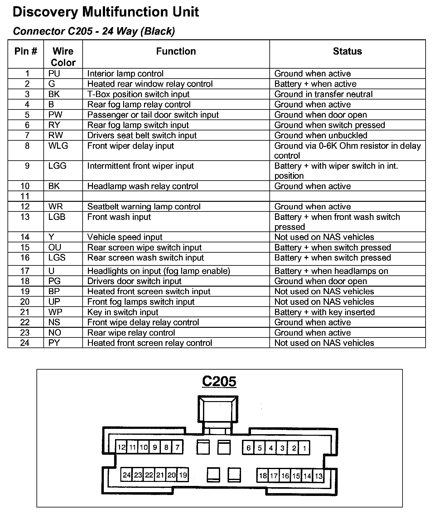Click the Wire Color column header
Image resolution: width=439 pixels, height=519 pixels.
click(63, 57)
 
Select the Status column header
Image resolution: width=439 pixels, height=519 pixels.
click(347, 51)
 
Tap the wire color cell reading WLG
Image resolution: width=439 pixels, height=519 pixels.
click(58, 146)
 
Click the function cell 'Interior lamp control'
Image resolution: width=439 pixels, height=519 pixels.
click(125, 74)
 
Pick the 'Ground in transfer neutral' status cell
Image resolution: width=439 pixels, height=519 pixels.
click(323, 94)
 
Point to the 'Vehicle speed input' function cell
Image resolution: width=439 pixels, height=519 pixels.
click(125, 237)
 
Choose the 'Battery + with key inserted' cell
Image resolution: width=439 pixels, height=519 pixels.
click(324, 312)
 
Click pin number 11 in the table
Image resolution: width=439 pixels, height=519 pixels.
click(25, 196)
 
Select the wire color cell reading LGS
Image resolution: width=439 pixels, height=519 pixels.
click(57, 258)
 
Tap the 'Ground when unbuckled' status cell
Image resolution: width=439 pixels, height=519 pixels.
click(321, 135)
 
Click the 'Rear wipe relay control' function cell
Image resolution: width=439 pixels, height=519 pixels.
click(131, 333)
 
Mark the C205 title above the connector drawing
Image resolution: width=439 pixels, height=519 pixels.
click(219, 381)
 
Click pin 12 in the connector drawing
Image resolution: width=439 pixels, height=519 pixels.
click(121, 448)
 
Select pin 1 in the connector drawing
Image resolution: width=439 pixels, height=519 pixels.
click(304, 448)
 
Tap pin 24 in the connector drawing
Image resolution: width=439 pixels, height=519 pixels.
click(127, 475)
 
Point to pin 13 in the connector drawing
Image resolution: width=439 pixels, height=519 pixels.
click(319, 476)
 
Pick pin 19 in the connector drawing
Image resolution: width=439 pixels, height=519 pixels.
click(183, 475)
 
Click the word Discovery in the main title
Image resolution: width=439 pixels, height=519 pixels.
click(46, 12)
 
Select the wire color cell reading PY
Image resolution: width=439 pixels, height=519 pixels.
click(54, 343)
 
